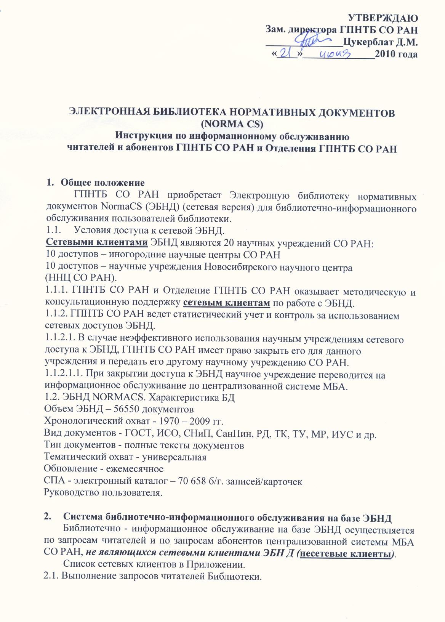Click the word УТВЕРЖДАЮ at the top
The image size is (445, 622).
pos(384,18)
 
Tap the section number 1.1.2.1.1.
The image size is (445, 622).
pos(66,375)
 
